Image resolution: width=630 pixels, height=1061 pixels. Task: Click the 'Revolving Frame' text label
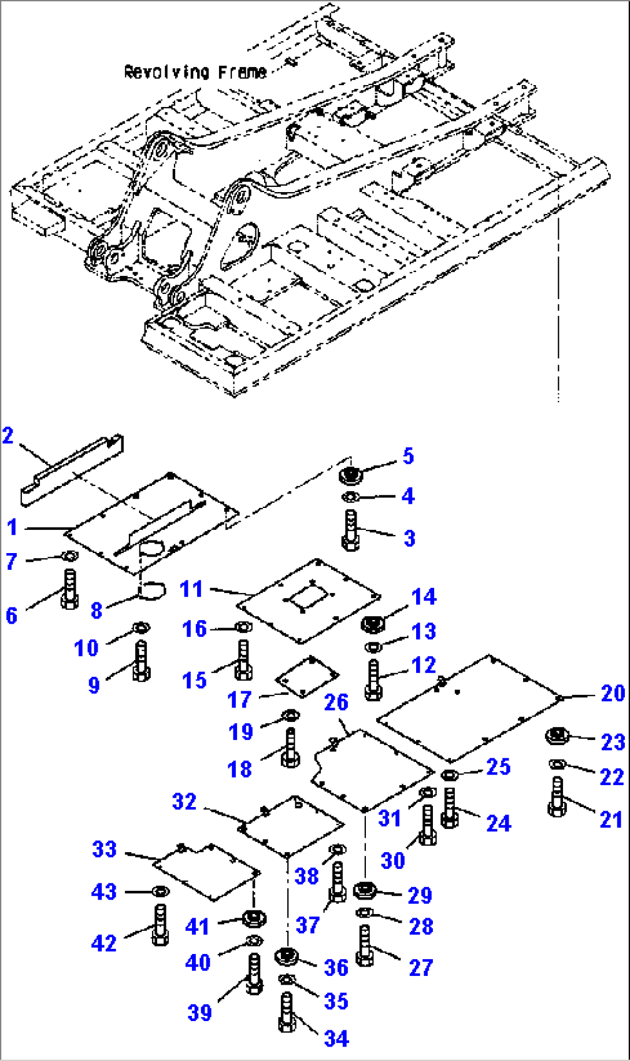[195, 72]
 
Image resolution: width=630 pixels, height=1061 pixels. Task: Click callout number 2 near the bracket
[8, 435]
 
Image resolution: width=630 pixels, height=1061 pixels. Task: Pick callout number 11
[191, 589]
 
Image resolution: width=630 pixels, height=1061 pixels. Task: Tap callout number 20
[613, 692]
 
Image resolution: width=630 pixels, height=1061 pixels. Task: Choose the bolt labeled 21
[557, 797]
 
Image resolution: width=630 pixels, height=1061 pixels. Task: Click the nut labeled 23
[557, 736]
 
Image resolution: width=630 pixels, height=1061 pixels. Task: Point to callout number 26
[336, 702]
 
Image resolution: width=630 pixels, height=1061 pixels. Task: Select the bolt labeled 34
[287, 1012]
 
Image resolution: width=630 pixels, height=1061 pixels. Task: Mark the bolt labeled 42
[160, 926]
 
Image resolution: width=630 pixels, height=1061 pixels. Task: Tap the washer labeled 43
[160, 891]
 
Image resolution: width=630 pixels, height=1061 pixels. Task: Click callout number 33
[105, 849]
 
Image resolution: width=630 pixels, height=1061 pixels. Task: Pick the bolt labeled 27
[364, 945]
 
